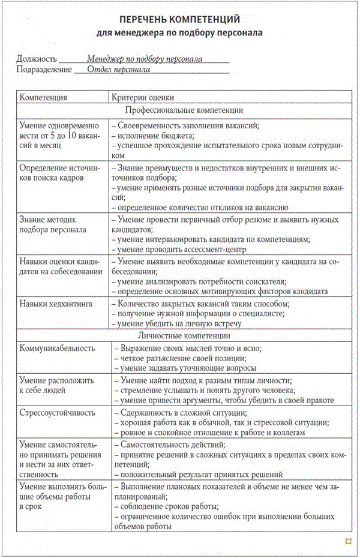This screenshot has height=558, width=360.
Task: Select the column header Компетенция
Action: click(43, 97)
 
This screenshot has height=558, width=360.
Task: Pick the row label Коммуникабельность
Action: click(58, 348)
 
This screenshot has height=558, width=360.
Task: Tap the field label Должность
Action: click(38, 59)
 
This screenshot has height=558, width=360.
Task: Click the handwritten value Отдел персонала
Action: click(118, 69)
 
